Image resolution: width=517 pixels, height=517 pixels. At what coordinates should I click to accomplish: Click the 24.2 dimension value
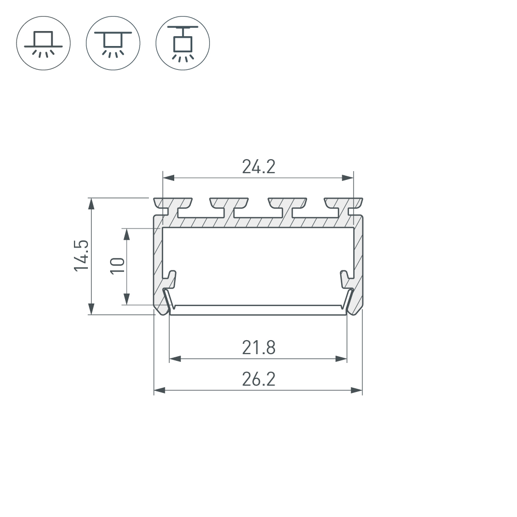click(258, 166)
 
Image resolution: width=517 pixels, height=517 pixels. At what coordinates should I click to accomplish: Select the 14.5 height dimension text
click(82, 255)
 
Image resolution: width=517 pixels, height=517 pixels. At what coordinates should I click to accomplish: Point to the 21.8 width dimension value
click(258, 348)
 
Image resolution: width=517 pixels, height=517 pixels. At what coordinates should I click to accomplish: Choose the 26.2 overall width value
click(258, 379)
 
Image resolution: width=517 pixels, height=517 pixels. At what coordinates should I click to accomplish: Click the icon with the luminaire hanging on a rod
click(183, 42)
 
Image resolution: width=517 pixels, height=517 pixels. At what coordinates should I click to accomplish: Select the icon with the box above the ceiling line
click(43, 42)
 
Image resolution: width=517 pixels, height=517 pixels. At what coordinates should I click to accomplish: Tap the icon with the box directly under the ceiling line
click(113, 42)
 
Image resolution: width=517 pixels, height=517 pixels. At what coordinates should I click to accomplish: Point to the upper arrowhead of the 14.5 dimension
click(92, 203)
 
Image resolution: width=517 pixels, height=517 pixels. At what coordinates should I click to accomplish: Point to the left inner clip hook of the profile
click(171, 279)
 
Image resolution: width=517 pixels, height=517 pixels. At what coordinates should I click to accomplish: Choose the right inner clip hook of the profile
click(346, 279)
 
